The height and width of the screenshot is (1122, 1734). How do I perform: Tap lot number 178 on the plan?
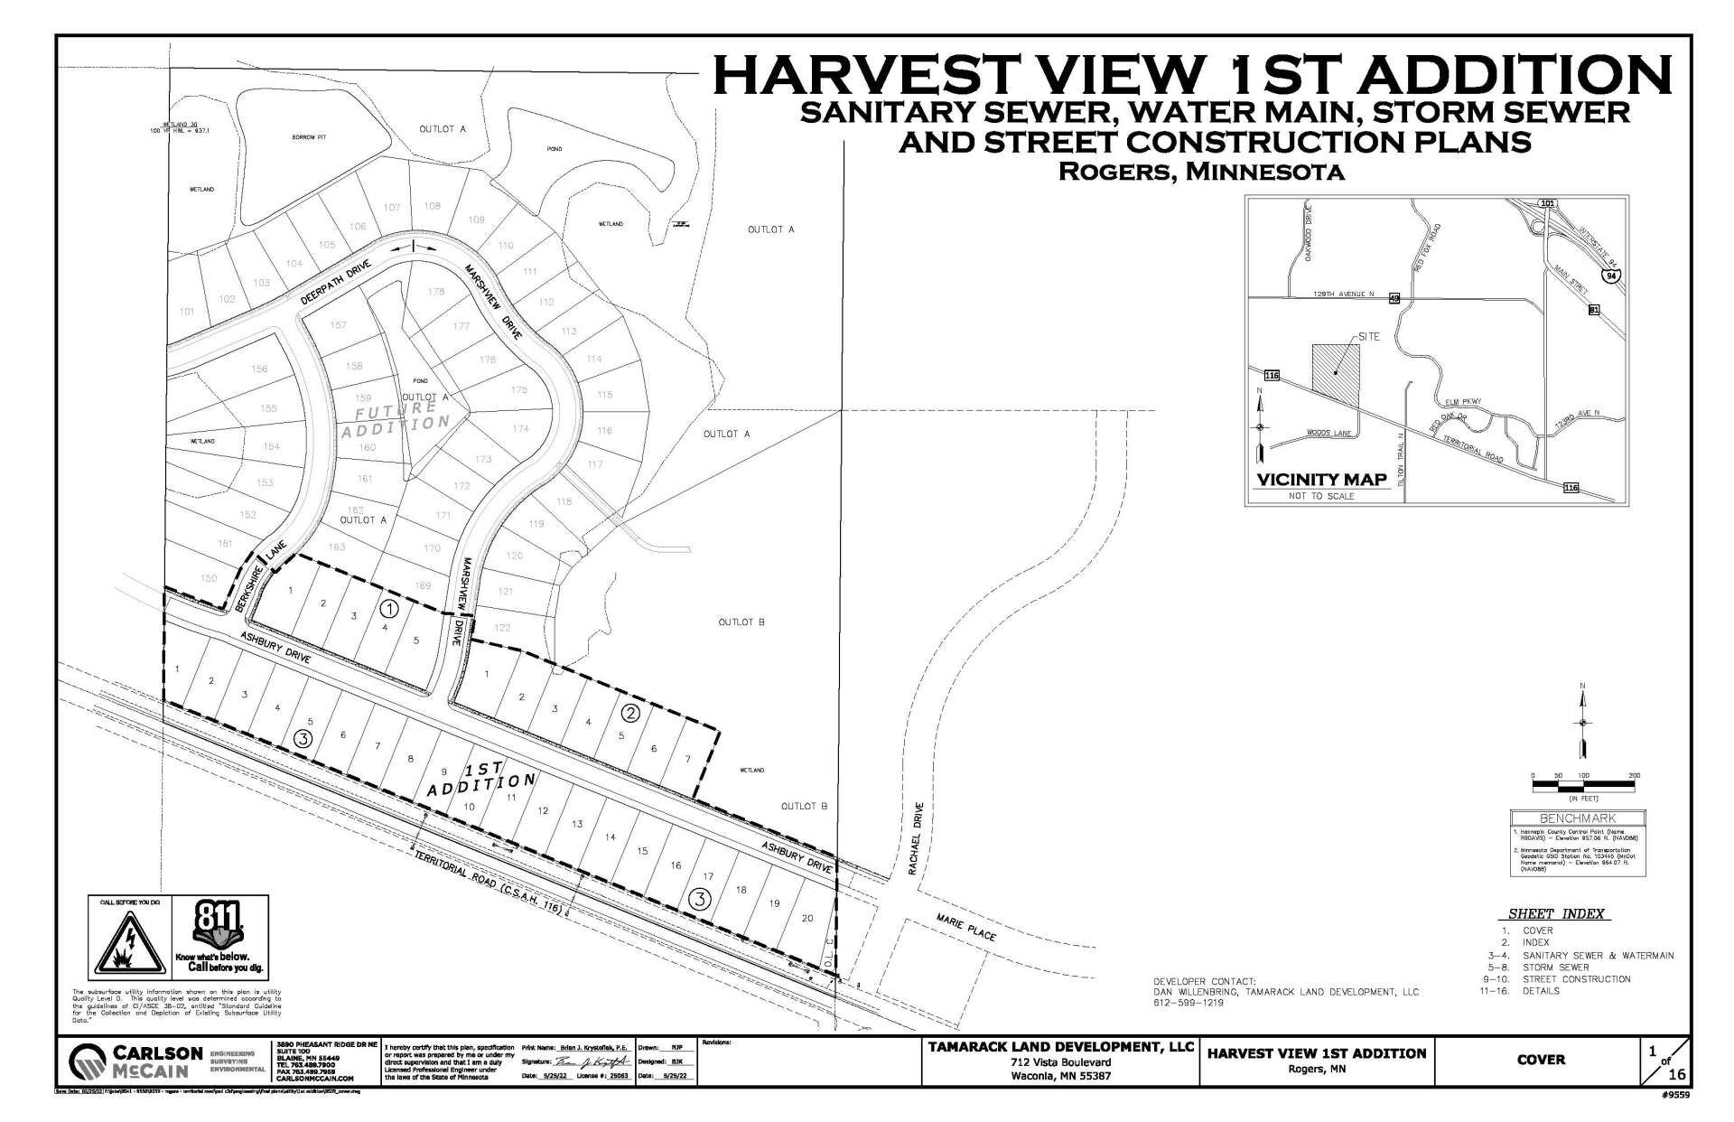(x=436, y=292)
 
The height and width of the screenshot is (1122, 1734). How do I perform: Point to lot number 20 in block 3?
(x=807, y=918)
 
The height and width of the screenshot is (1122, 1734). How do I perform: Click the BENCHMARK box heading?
(x=1577, y=818)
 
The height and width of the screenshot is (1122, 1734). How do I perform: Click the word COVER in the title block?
(x=1541, y=1060)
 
